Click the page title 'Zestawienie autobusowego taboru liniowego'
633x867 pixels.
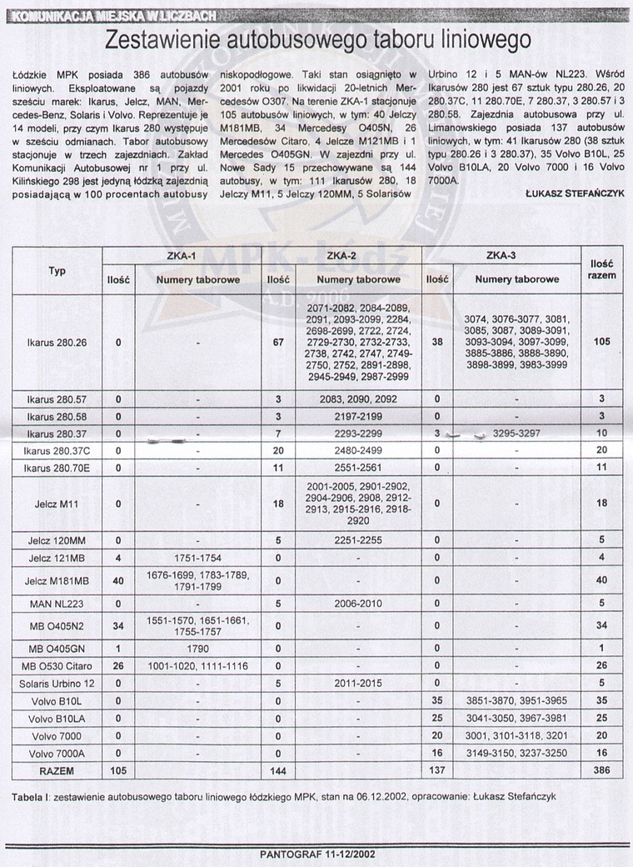(316, 42)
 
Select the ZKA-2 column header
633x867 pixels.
(341, 254)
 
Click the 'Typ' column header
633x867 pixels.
(57, 271)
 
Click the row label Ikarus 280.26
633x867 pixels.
(57, 342)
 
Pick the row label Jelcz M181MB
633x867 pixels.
(57, 581)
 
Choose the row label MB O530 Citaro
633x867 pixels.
(57, 665)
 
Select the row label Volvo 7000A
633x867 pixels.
(57, 754)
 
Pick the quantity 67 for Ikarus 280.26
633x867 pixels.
(276, 342)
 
